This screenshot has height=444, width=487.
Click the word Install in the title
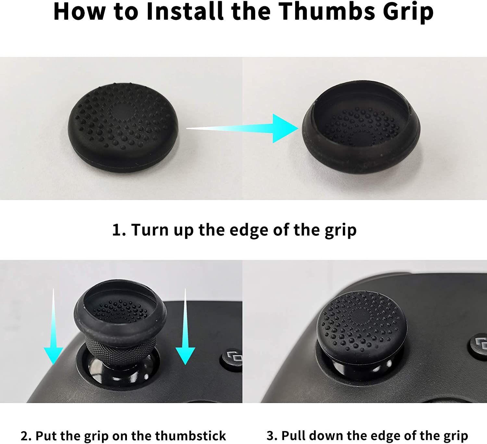(x=185, y=11)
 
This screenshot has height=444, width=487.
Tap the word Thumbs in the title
(x=327, y=11)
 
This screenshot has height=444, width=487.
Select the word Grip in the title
(x=408, y=12)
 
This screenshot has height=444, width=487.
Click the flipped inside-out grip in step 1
(x=361, y=127)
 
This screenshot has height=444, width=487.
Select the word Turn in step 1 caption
(x=150, y=230)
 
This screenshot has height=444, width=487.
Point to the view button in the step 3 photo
(x=479, y=345)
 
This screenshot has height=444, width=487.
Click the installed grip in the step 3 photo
(x=362, y=327)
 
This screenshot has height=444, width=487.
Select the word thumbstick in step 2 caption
(x=191, y=436)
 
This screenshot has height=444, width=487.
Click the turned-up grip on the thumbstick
(x=120, y=314)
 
